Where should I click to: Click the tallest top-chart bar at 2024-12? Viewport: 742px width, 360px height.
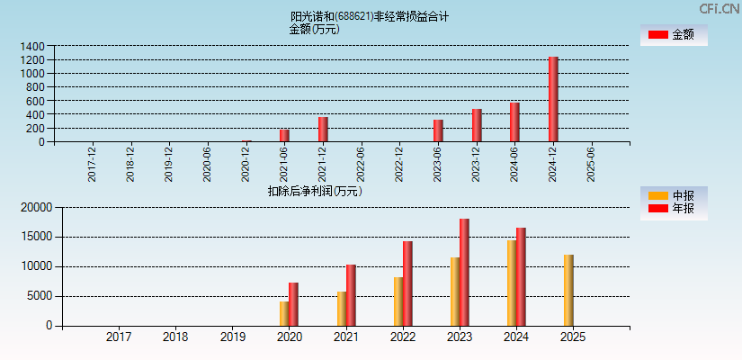click(x=553, y=99)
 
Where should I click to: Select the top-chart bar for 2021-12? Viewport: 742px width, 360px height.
click(x=323, y=130)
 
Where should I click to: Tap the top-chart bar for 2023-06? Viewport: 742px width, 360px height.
click(x=438, y=130)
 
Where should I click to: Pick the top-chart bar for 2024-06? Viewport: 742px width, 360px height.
click(x=514, y=122)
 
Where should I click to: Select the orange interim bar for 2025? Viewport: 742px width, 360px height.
click(x=568, y=290)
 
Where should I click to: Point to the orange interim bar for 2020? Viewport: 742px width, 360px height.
click(x=284, y=313)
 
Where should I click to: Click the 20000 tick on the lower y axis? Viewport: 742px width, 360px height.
click(x=36, y=208)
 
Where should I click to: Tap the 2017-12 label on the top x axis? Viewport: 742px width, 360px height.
click(x=93, y=164)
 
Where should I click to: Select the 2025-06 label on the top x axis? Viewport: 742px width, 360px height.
click(x=591, y=164)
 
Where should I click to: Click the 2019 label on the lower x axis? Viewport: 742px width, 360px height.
click(x=232, y=337)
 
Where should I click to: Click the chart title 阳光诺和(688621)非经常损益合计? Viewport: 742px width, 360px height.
click(x=370, y=16)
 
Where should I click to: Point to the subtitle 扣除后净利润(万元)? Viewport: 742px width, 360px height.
click(x=315, y=191)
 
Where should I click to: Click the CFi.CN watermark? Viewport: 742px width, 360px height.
click(x=719, y=9)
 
